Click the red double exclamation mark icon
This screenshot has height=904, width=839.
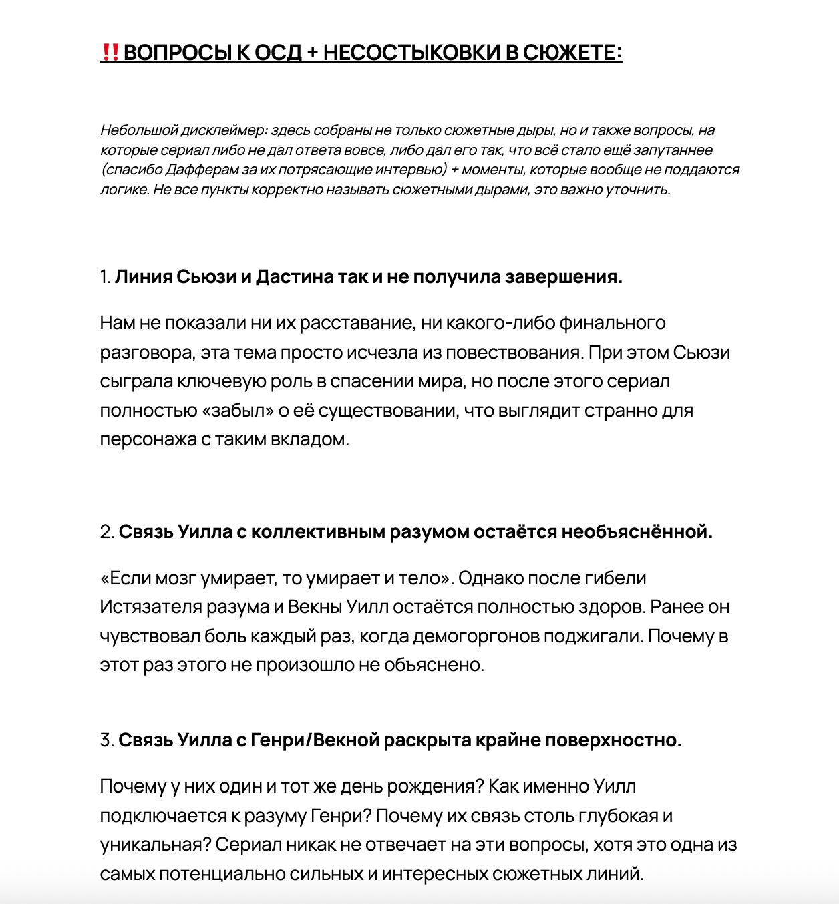click(110, 52)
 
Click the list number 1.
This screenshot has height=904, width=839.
click(105, 276)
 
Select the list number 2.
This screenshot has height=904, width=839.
click(107, 531)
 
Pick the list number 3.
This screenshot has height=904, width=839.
click(107, 740)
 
